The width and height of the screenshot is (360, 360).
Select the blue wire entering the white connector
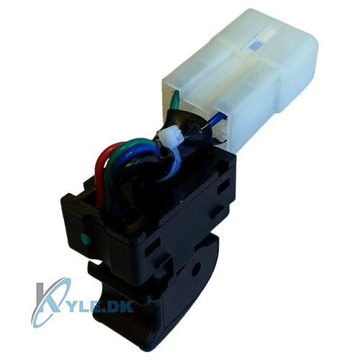coord(217,121)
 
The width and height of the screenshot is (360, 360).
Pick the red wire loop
coord(106,173)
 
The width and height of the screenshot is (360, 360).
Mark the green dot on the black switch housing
coord(85,238)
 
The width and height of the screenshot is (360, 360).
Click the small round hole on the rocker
coord(197,267)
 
